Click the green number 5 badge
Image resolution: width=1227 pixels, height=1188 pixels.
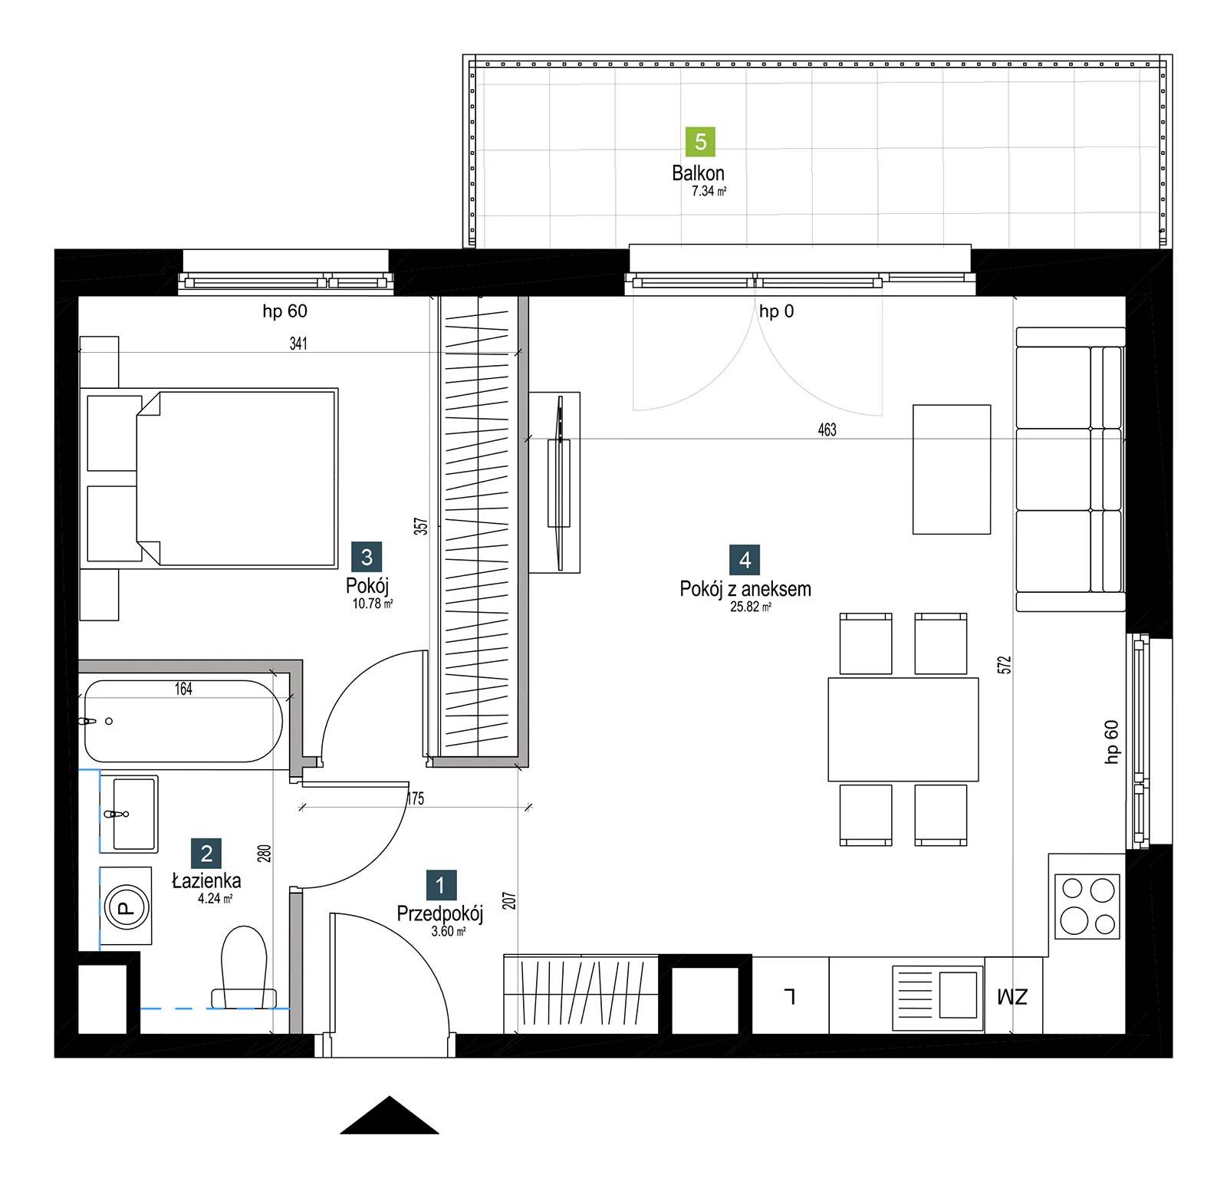click(700, 142)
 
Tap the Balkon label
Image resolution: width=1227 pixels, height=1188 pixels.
click(698, 173)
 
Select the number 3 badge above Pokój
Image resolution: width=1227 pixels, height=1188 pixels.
click(367, 557)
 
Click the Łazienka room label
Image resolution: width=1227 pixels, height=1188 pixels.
click(206, 880)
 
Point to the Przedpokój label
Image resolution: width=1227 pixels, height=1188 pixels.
click(439, 913)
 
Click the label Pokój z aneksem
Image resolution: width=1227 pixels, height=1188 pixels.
click(745, 589)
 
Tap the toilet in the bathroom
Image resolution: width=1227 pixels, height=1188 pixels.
click(243, 966)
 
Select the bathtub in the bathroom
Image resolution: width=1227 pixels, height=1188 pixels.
click(183, 721)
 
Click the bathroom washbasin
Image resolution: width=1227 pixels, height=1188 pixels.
click(135, 814)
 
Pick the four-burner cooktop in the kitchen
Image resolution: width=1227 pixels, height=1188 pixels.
click(1087, 907)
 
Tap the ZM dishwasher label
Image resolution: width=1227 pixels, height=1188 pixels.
click(1012, 997)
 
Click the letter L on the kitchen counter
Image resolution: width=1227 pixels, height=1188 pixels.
click(789, 996)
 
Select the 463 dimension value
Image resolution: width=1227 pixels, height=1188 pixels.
click(827, 429)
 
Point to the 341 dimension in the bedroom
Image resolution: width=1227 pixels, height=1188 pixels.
click(298, 344)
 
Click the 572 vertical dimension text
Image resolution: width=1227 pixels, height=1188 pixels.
click(1005, 665)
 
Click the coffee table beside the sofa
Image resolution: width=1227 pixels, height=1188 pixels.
click(951, 469)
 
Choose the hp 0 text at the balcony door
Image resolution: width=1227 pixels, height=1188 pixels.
click(776, 311)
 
